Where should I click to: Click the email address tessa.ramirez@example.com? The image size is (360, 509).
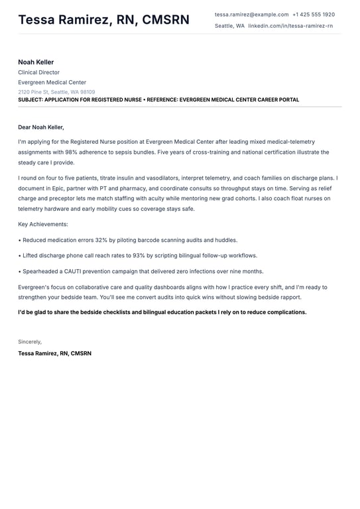251,14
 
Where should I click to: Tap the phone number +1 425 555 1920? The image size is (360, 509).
314,14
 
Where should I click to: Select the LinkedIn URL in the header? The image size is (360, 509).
290,26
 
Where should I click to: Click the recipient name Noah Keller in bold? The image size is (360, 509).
36,62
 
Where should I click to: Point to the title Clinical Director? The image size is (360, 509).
38,72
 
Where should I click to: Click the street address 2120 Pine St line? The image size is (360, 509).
56,92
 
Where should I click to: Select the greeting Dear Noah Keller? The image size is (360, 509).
41,127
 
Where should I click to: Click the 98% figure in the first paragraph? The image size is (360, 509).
72,152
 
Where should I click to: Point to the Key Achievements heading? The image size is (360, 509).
43,225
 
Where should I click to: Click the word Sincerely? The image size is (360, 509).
30,342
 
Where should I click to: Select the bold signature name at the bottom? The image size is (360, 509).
54,353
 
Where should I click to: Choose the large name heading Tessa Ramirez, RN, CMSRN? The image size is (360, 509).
103,20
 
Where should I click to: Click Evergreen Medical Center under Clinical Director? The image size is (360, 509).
52,82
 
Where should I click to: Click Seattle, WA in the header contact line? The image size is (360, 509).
229,26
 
